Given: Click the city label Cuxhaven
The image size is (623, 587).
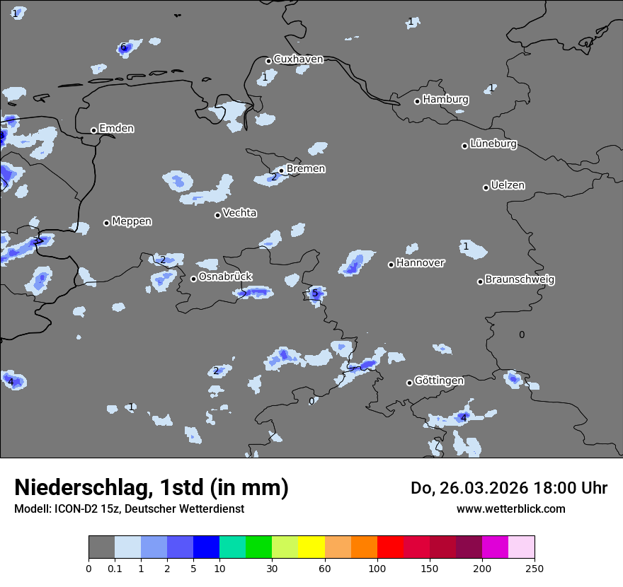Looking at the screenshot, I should click(298, 59).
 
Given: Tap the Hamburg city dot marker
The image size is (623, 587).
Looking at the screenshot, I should click(418, 101).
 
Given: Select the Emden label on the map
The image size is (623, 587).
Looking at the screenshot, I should click(116, 129).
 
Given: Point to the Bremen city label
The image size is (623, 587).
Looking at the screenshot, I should click(306, 169).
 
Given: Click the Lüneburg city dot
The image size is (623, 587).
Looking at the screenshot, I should click(465, 146).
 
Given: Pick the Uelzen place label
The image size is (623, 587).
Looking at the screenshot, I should click(508, 186).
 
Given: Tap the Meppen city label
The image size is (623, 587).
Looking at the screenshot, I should click(132, 222).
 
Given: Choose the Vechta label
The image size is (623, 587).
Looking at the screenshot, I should click(239, 214).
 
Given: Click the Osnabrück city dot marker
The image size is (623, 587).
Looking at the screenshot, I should click(193, 279).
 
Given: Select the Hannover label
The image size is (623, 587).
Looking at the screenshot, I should click(421, 263).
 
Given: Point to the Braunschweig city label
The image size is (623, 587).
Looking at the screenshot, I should click(520, 280).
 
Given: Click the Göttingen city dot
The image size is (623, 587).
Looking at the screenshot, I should click(409, 383).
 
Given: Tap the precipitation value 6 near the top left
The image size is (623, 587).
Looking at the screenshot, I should click(123, 47).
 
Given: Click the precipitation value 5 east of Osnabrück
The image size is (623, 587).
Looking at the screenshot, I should click(315, 293).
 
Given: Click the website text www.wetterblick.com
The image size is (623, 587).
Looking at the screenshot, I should click(511, 508).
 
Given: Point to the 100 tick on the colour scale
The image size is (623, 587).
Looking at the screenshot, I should click(377, 568).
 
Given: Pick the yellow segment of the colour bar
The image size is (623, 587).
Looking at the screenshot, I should click(311, 547).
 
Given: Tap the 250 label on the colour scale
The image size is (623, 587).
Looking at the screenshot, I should click(535, 568).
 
